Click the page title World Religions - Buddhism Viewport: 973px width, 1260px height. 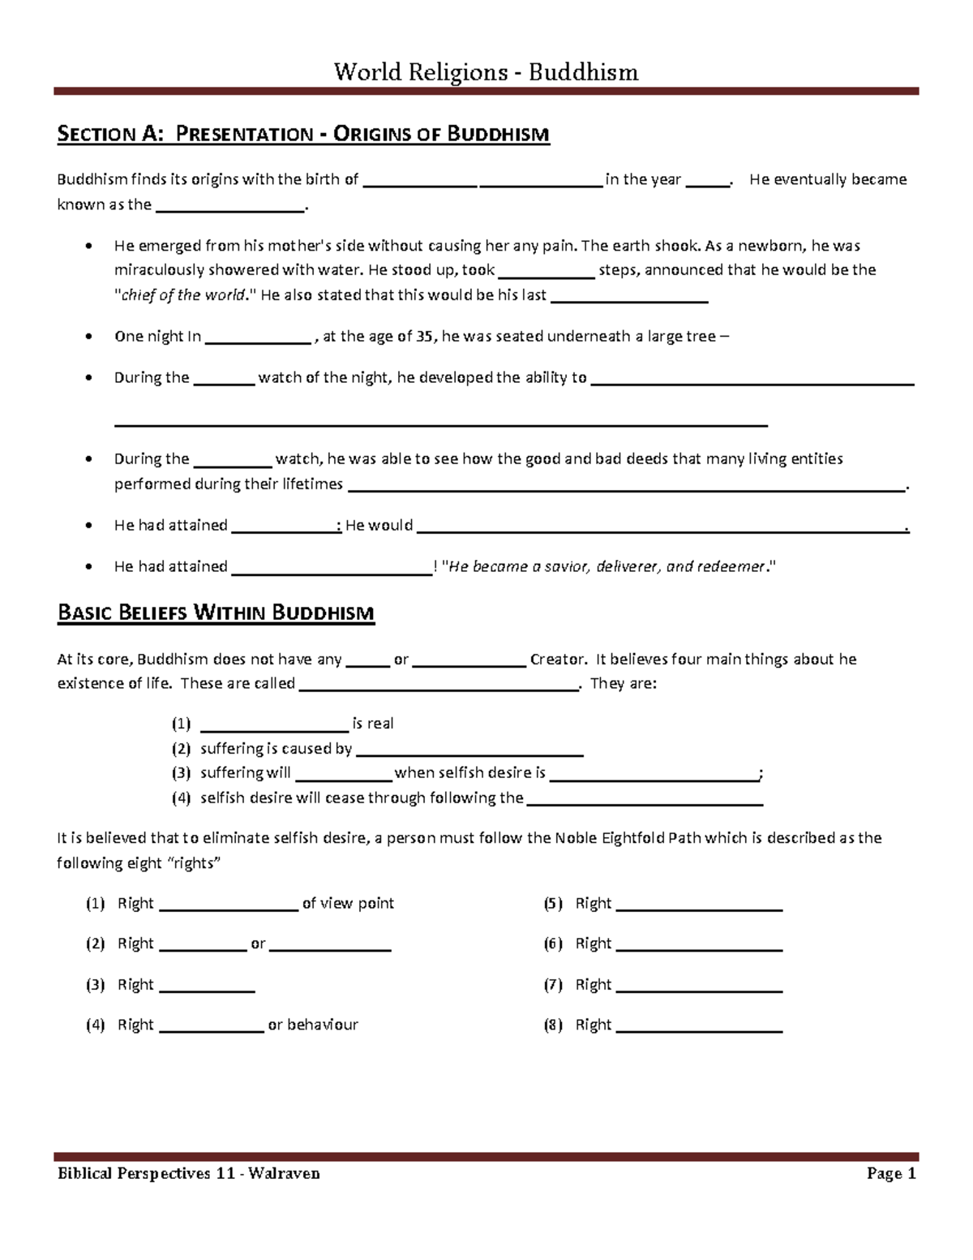click(486, 72)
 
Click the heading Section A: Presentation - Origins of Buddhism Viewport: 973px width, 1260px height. click(303, 134)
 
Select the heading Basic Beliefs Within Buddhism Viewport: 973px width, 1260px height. click(216, 613)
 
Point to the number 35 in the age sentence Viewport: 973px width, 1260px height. click(424, 337)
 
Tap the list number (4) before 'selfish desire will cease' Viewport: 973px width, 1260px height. click(181, 798)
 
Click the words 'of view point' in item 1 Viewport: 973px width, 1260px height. click(348, 903)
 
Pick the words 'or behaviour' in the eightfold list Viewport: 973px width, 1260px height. click(313, 1025)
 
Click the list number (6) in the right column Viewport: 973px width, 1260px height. click(553, 944)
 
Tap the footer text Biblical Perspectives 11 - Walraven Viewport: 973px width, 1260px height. click(188, 1173)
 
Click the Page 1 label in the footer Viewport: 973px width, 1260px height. click(890, 1173)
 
